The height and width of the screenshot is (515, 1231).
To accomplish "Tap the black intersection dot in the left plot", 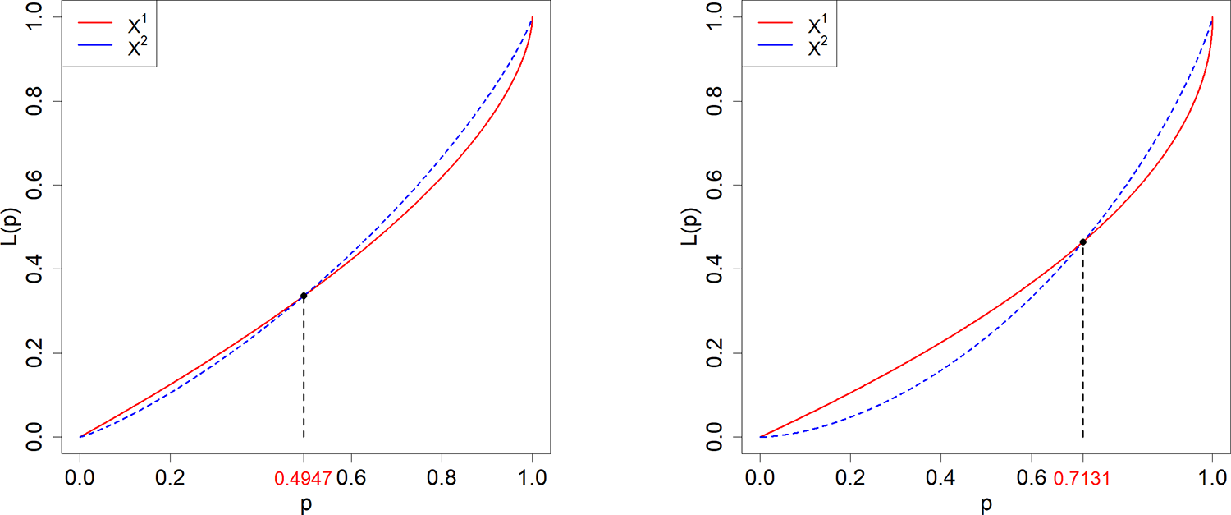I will click(304, 296).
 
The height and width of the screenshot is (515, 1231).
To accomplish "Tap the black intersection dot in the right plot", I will click(1082, 241).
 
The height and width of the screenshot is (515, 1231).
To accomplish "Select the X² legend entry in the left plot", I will click(123, 48).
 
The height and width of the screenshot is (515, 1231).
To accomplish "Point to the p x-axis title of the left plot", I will click(305, 504).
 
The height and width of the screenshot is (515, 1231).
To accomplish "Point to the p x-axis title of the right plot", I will click(986, 504).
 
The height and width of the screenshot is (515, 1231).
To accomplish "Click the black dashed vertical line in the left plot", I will click(304, 370).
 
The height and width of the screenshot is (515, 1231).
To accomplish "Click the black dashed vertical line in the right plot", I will click(1082, 345).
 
